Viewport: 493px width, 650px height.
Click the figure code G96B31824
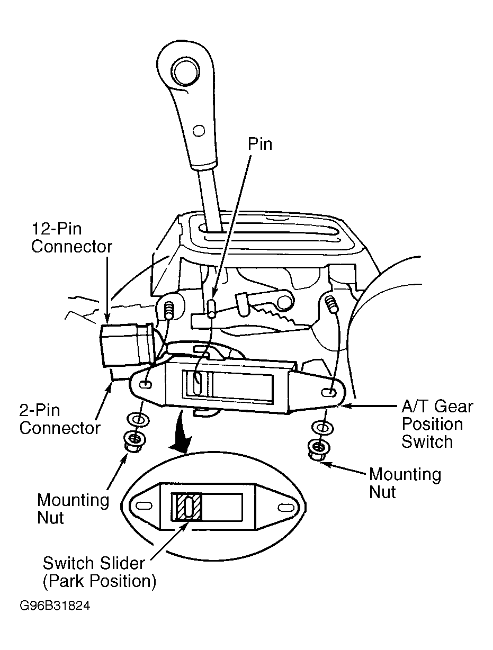tap(55, 606)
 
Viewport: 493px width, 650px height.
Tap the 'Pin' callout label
tap(260, 144)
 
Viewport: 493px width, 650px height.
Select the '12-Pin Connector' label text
tap(71, 238)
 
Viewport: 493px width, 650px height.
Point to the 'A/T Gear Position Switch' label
tap(437, 424)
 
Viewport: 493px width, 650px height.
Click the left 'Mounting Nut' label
tap(73, 509)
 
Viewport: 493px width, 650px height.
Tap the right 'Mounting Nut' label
tap(405, 483)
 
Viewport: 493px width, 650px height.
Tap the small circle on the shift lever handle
tap(198, 130)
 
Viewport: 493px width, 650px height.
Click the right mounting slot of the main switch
tap(328, 393)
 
